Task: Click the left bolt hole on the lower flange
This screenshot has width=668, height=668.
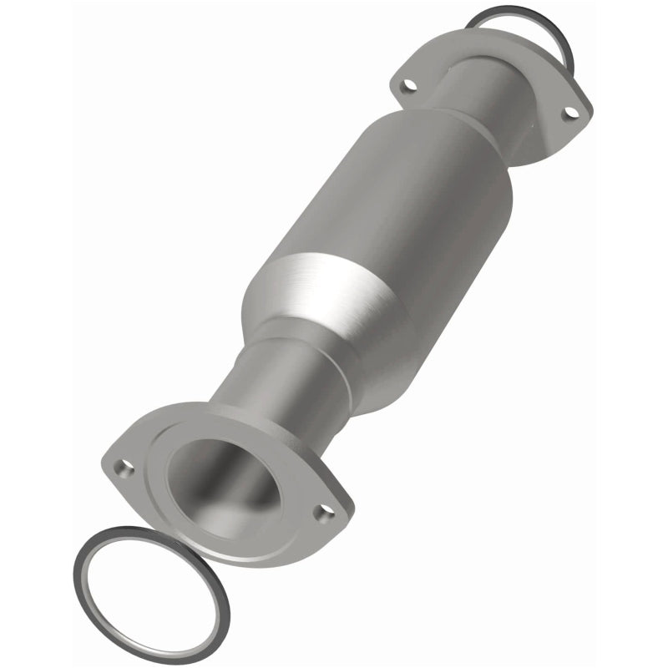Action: [124, 468]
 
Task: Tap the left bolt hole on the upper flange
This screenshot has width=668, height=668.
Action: [407, 84]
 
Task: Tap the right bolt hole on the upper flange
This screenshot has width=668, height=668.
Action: [570, 112]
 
